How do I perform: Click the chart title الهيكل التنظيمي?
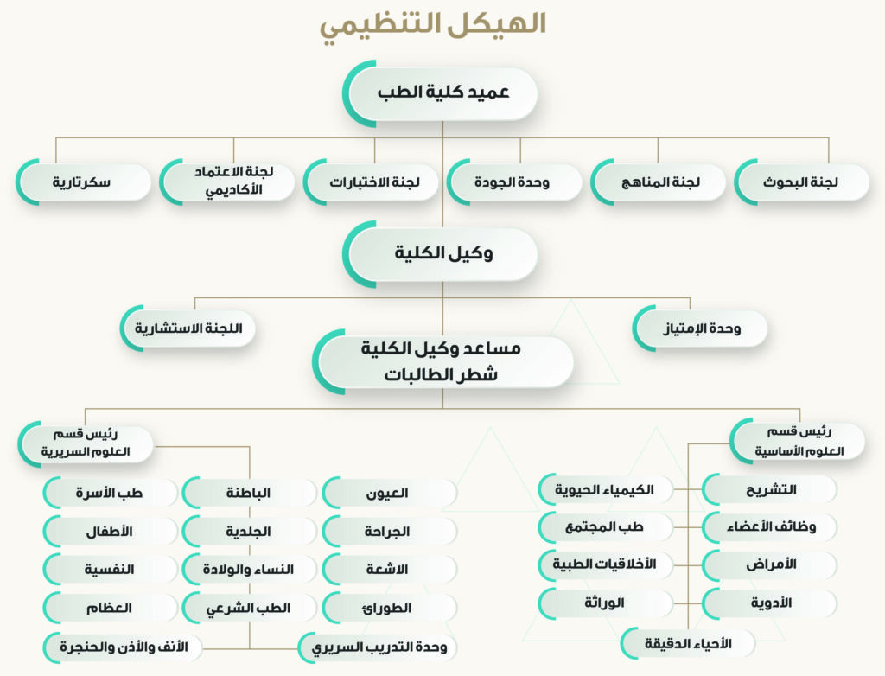[433, 25]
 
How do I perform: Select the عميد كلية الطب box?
[440, 93]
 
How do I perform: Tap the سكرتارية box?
[84, 182]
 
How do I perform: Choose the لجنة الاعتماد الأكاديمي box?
[227, 182]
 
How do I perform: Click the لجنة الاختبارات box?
[371, 182]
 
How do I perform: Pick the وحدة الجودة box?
[514, 182]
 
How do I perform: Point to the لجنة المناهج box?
[658, 182]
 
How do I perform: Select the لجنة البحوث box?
[802, 182]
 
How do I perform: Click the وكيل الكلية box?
[440, 253]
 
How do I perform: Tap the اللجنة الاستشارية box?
[188, 328]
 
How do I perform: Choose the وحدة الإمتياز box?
[700, 328]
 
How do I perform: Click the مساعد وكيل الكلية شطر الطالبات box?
[443, 361]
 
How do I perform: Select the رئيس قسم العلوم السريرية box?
[86, 443]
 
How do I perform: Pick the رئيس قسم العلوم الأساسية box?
[798, 441]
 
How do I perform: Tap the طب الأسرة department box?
[110, 493]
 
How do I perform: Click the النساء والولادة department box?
[249, 570]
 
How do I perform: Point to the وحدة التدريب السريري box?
[377, 647]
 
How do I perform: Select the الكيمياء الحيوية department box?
[606, 489]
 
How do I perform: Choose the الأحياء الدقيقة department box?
[688, 643]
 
